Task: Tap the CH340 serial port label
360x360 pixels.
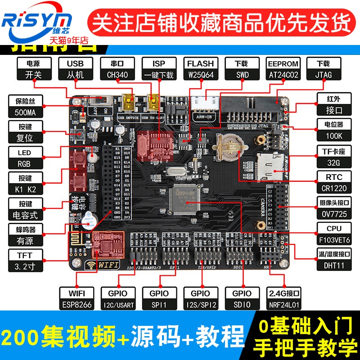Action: (x=115, y=69)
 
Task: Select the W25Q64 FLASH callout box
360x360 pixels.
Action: (x=200, y=69)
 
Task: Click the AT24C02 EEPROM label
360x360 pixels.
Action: (x=283, y=69)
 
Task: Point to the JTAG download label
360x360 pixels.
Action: (x=323, y=69)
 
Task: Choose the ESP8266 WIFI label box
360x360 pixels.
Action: (x=76, y=299)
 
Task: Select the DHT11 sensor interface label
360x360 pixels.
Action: (x=333, y=260)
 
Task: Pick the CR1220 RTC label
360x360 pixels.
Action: (x=333, y=182)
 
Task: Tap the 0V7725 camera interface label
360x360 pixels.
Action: (x=333, y=208)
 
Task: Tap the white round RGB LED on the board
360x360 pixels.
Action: (x=93, y=157)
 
